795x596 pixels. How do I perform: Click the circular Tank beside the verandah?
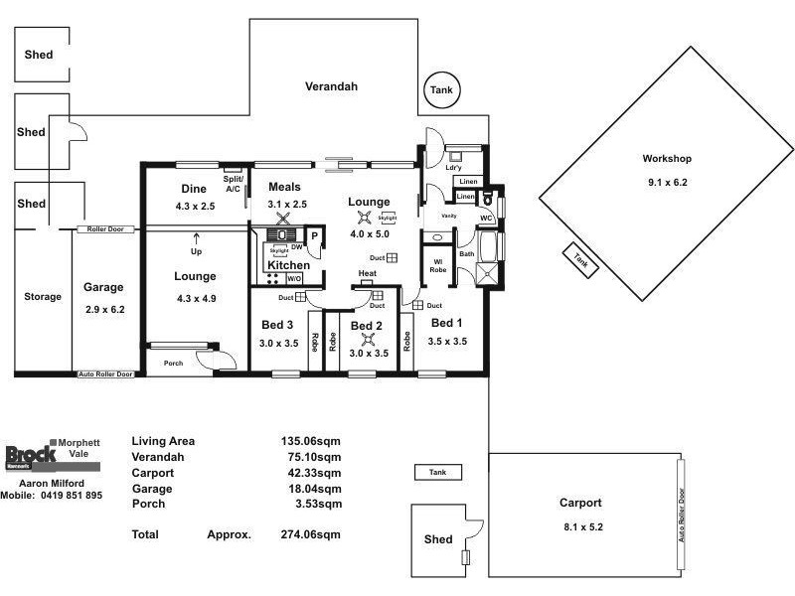tap(440, 90)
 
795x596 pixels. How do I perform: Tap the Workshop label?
tap(666, 159)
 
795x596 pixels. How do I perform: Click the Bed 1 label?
tap(447, 323)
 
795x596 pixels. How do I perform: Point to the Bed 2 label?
tap(367, 326)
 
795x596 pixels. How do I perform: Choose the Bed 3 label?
tap(277, 326)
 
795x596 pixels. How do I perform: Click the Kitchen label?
tap(288, 266)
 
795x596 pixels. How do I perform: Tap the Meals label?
tap(284, 187)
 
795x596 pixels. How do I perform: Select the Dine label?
tap(193, 189)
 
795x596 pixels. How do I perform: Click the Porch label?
tap(174, 363)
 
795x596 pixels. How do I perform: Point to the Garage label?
tap(103, 287)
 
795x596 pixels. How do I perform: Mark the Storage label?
tap(43, 297)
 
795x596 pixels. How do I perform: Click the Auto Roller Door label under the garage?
tap(106, 374)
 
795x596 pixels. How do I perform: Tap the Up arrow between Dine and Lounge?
tap(196, 238)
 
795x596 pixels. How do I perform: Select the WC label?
tap(486, 218)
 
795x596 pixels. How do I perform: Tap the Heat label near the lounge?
tap(367, 274)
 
